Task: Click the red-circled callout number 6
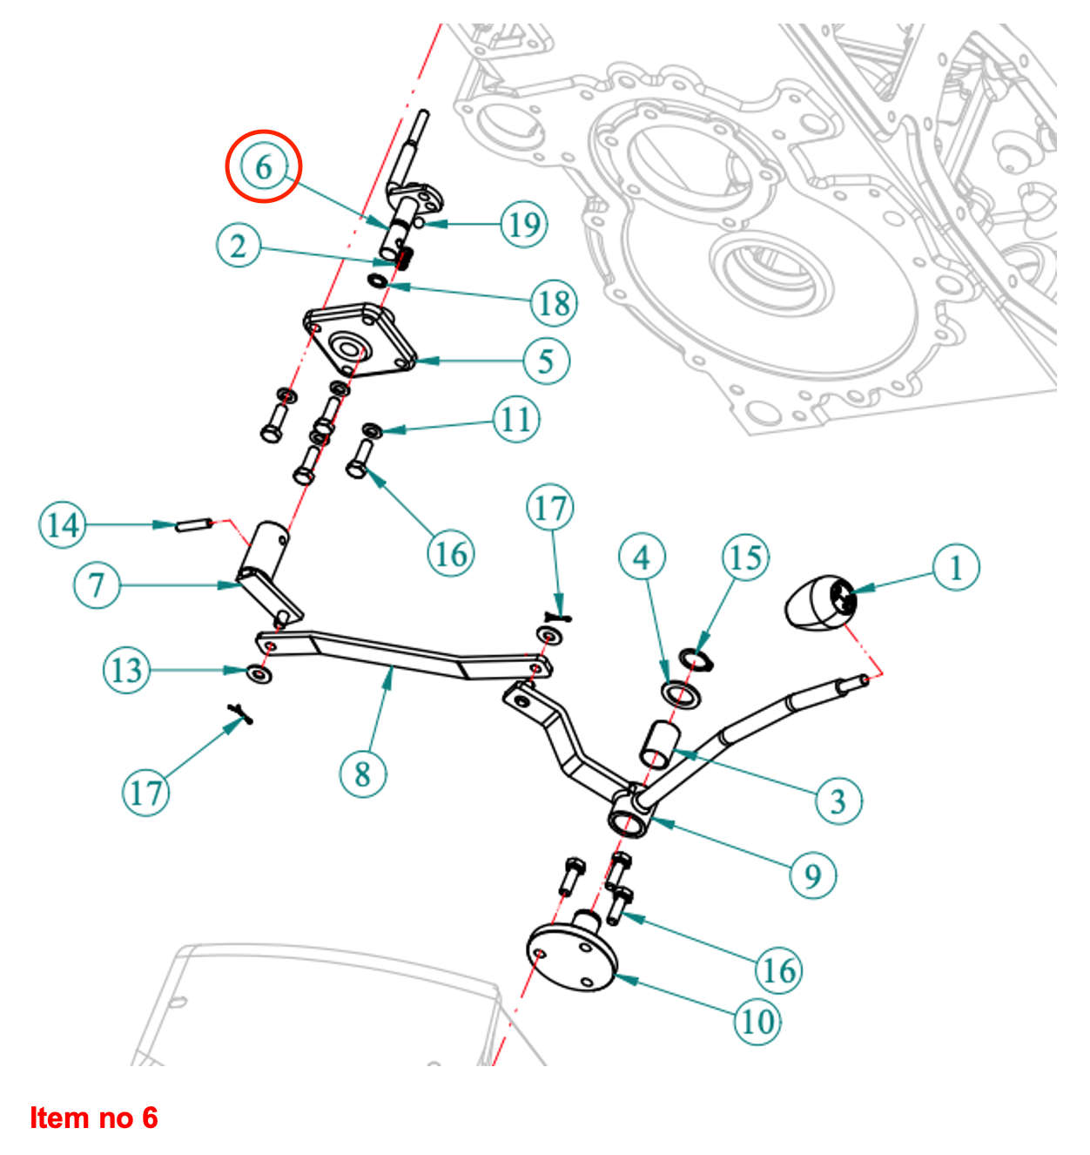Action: tap(264, 166)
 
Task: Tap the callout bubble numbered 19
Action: tap(524, 224)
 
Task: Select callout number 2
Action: tap(239, 246)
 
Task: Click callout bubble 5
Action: tap(546, 360)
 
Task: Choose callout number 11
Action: tap(516, 420)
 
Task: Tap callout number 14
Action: tap(63, 525)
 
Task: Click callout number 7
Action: tap(97, 584)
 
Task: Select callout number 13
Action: tap(126, 670)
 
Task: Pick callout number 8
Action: tap(362, 773)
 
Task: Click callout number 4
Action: tap(642, 557)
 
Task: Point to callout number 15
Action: tap(746, 557)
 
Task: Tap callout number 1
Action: tap(956, 568)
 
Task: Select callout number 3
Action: tap(838, 800)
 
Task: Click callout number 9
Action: tap(813, 875)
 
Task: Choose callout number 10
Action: tap(757, 1021)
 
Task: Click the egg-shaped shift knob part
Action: tap(818, 603)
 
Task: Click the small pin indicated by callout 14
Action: tap(195, 525)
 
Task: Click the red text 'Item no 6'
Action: tap(94, 1118)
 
